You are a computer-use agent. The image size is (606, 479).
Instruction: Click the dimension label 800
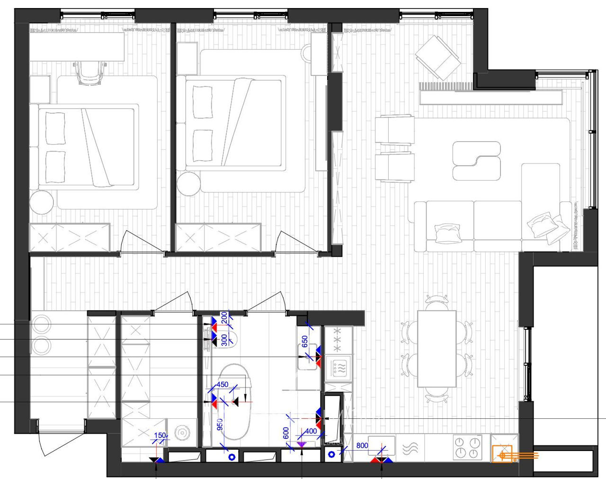click(x=362, y=445)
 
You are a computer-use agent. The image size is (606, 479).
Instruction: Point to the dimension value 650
click(x=305, y=342)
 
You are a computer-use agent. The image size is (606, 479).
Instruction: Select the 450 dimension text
click(x=222, y=385)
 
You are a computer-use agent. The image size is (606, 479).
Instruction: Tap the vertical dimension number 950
click(x=220, y=425)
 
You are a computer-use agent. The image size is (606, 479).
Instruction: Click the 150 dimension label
click(x=160, y=435)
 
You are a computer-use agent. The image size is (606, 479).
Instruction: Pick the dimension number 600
click(x=286, y=433)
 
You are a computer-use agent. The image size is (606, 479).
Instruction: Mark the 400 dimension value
click(x=311, y=431)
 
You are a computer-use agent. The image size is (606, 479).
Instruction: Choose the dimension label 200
click(x=224, y=317)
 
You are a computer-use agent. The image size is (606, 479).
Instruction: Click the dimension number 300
click(x=224, y=340)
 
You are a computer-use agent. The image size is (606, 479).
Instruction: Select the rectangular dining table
click(x=437, y=349)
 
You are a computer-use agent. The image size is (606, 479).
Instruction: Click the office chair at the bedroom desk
click(x=89, y=72)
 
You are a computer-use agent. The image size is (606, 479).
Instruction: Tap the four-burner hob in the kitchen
click(x=468, y=447)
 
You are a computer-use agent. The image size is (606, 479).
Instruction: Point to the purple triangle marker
click(x=302, y=444)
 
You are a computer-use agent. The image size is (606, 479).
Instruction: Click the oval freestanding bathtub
click(x=234, y=401)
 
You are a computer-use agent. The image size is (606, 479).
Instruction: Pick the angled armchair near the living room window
click(x=437, y=58)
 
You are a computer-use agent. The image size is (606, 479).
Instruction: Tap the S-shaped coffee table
click(x=476, y=161)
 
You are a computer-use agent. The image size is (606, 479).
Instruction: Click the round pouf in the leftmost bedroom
click(x=42, y=202)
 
